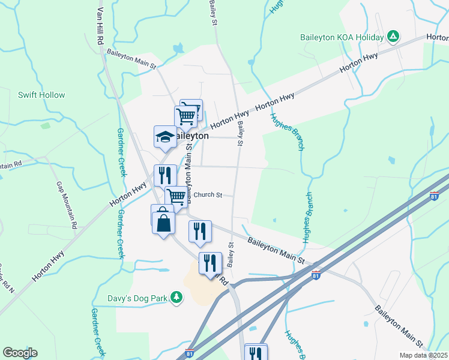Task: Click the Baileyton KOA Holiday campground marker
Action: (x=393, y=37)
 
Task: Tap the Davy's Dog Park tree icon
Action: (x=176, y=296)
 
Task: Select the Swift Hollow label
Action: (x=41, y=95)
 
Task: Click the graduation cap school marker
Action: (x=165, y=137)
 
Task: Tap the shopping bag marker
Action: (x=163, y=223)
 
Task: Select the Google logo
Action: (x=20, y=353)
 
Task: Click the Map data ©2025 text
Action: (x=423, y=355)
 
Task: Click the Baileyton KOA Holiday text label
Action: (x=342, y=37)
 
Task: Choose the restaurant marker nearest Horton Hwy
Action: (x=165, y=175)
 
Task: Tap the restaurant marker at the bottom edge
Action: (x=256, y=353)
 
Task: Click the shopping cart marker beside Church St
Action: (x=176, y=196)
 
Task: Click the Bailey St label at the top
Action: (x=212, y=12)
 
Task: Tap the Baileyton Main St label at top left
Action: (x=131, y=58)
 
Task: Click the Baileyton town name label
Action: (x=192, y=136)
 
